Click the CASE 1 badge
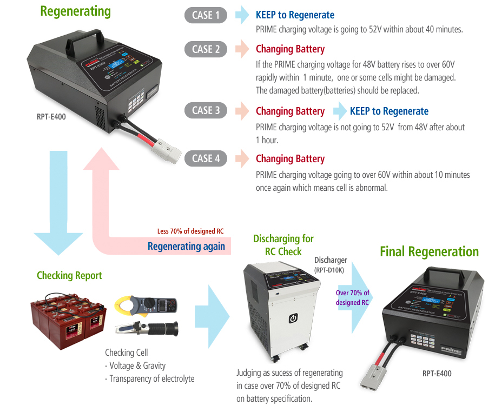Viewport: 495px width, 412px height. [206, 15]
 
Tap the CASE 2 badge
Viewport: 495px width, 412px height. [206, 49]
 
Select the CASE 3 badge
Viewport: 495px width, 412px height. [206, 110]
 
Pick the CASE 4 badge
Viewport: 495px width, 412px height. [206, 158]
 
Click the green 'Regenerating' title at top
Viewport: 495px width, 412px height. [75, 11]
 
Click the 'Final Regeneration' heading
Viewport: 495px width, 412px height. [429, 251]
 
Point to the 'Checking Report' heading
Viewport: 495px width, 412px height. [69, 276]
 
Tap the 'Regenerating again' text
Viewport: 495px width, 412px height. [186, 246]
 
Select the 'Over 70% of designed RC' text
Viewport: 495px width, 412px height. [352, 298]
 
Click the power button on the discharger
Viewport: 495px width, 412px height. [293, 318]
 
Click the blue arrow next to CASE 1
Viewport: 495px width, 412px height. [242, 15]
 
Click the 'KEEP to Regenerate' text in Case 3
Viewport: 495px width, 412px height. [389, 111]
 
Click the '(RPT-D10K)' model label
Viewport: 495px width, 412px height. [328, 270]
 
